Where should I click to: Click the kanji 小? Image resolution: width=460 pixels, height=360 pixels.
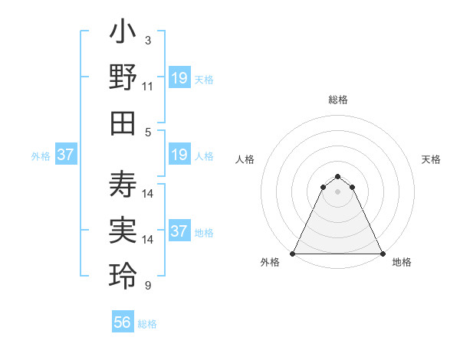tap(123, 34)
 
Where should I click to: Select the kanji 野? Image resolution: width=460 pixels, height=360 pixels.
tap(123, 78)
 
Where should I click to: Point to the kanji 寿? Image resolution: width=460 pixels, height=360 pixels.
tap(123, 185)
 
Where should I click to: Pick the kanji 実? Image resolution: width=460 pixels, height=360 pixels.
tap(123, 230)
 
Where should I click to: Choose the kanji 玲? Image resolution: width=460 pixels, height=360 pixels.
tap(123, 274)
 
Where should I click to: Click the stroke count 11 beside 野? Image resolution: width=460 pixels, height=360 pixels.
tap(148, 87)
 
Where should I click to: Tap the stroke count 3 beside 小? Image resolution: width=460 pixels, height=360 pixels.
tap(148, 40)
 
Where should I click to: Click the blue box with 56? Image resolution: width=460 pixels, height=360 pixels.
tap(123, 322)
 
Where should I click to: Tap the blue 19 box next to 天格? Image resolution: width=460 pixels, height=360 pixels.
tap(179, 78)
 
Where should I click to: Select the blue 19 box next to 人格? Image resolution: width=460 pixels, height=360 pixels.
tap(179, 155)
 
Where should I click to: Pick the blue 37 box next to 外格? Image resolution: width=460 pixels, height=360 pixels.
tap(65, 155)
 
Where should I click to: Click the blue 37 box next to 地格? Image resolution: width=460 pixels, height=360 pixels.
tap(179, 231)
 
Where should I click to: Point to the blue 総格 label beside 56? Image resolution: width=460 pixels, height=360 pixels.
tap(147, 324)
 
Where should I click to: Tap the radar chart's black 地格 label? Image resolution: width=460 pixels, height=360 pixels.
tap(402, 263)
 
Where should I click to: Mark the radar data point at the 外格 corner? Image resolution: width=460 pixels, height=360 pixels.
tap(293, 254)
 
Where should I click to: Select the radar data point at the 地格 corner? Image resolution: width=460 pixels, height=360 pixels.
tap(382, 254)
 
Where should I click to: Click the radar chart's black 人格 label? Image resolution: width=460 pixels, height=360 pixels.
tap(245, 159)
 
